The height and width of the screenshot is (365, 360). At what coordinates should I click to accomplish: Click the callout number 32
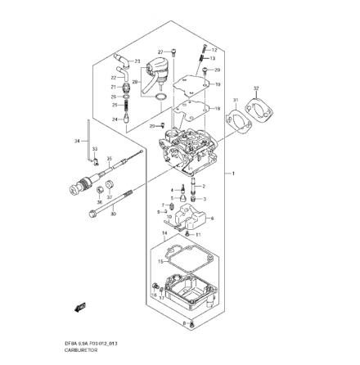[256, 88]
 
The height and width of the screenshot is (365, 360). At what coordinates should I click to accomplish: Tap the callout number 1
[234, 174]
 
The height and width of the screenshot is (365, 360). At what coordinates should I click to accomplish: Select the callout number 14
[164, 233]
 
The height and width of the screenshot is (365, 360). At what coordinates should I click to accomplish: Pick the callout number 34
[77, 141]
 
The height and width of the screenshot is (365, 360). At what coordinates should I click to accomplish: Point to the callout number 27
[160, 51]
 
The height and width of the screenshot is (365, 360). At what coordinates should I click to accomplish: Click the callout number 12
[214, 50]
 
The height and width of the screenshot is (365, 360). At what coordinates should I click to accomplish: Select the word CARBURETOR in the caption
[80, 349]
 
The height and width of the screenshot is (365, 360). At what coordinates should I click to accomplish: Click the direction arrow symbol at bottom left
[79, 307]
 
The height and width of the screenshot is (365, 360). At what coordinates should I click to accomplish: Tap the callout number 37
[110, 197]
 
